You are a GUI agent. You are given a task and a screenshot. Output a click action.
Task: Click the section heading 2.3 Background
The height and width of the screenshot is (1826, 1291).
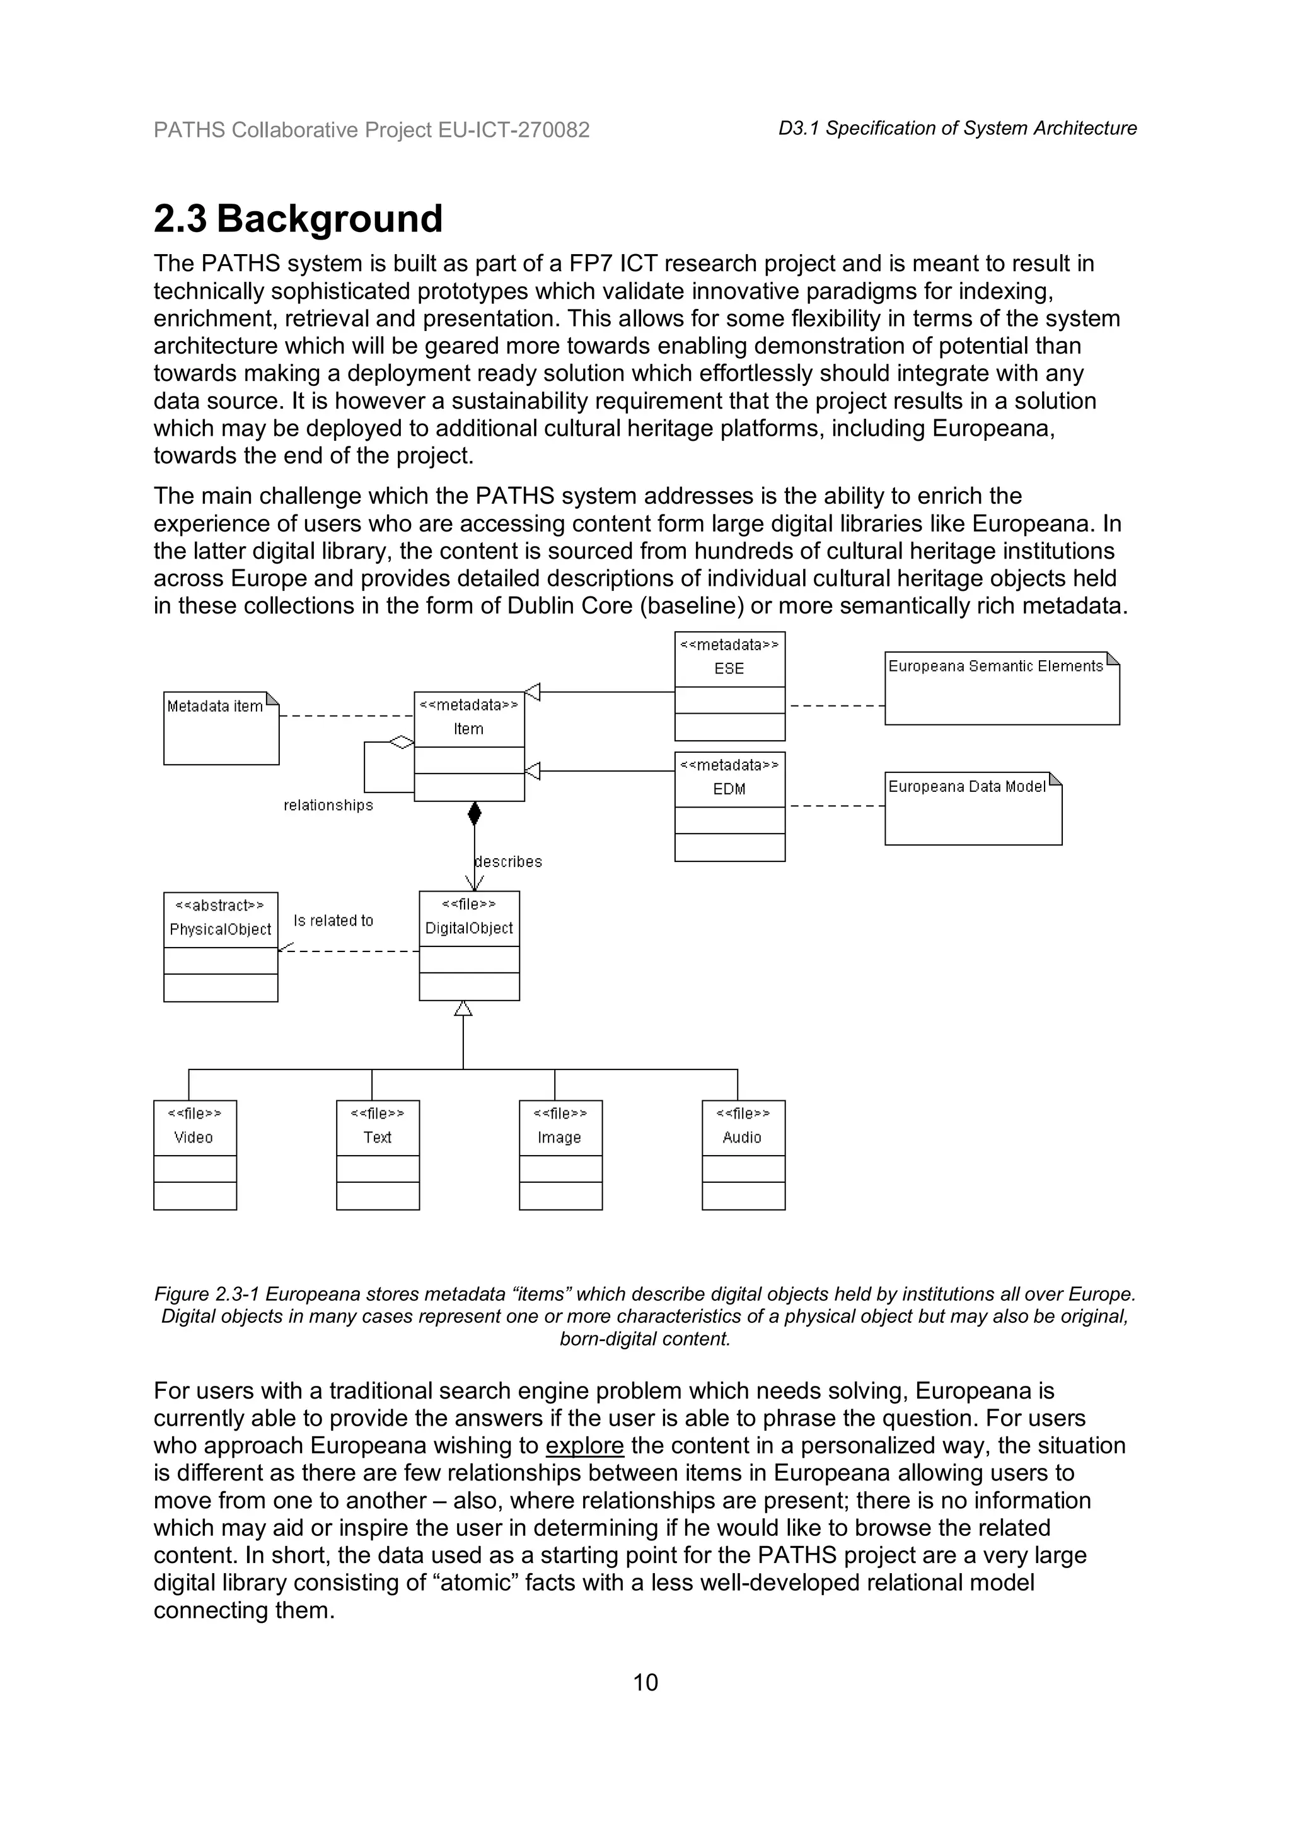tap(298, 219)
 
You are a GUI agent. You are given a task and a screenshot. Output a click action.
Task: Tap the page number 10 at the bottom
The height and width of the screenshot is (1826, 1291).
tap(645, 1682)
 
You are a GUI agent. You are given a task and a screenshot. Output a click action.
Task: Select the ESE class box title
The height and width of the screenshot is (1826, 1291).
tap(729, 668)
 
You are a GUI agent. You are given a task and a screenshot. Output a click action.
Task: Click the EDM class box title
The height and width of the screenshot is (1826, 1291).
tap(729, 788)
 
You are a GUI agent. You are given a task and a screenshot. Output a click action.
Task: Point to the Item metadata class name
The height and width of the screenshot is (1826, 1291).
tap(468, 728)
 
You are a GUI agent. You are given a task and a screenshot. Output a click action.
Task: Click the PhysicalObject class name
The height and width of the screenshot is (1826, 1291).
tap(220, 929)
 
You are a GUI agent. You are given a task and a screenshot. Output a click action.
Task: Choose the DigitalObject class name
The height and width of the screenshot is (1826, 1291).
tap(469, 928)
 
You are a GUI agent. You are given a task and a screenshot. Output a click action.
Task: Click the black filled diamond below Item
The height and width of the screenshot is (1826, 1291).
tap(475, 813)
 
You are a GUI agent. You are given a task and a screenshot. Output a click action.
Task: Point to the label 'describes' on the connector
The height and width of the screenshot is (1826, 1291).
tap(508, 861)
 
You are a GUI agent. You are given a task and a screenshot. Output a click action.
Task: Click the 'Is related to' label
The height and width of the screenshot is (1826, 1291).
tap(333, 920)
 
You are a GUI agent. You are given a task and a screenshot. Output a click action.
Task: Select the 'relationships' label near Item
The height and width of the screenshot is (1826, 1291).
tap(328, 805)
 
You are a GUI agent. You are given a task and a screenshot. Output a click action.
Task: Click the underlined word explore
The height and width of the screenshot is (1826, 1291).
tap(584, 1445)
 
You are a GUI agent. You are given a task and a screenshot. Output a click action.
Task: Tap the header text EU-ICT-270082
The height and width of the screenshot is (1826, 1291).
tap(514, 130)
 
